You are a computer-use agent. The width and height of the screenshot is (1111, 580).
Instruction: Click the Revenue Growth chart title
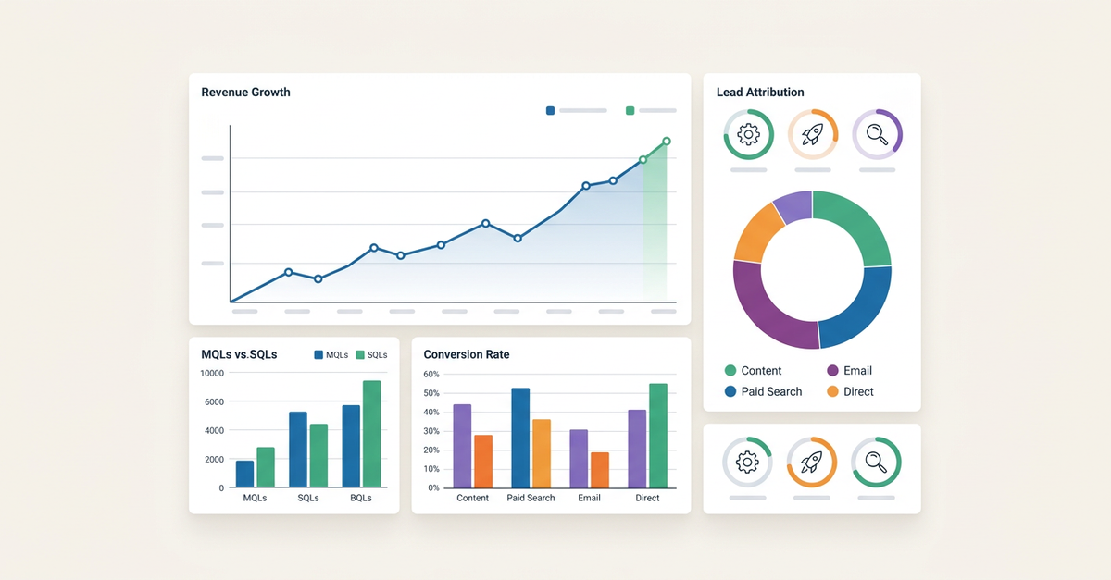point(245,93)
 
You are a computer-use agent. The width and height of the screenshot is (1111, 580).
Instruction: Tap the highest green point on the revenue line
point(667,142)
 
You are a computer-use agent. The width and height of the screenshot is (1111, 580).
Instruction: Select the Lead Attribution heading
point(760,93)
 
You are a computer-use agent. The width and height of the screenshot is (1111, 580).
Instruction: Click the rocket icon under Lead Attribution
point(812,135)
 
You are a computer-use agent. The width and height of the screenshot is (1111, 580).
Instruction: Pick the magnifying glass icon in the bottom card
point(876,462)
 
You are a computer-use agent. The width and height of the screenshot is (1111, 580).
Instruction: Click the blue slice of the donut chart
point(856,305)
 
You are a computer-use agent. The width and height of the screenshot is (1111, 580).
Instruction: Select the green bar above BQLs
point(371,434)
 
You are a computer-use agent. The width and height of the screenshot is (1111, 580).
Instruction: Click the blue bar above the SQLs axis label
point(298,450)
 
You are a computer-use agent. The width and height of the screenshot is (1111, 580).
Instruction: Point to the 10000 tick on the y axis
point(212,373)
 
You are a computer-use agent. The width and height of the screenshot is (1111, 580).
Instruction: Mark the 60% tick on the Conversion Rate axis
point(431,375)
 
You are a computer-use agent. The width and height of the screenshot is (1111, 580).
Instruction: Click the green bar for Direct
point(658,436)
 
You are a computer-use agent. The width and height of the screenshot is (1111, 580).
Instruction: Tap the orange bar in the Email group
point(600,470)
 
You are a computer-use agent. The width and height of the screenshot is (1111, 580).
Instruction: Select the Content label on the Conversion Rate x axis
point(472,498)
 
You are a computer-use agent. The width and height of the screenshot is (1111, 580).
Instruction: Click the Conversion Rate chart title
point(466,354)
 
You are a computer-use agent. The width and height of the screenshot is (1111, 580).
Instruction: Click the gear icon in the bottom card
point(747,462)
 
